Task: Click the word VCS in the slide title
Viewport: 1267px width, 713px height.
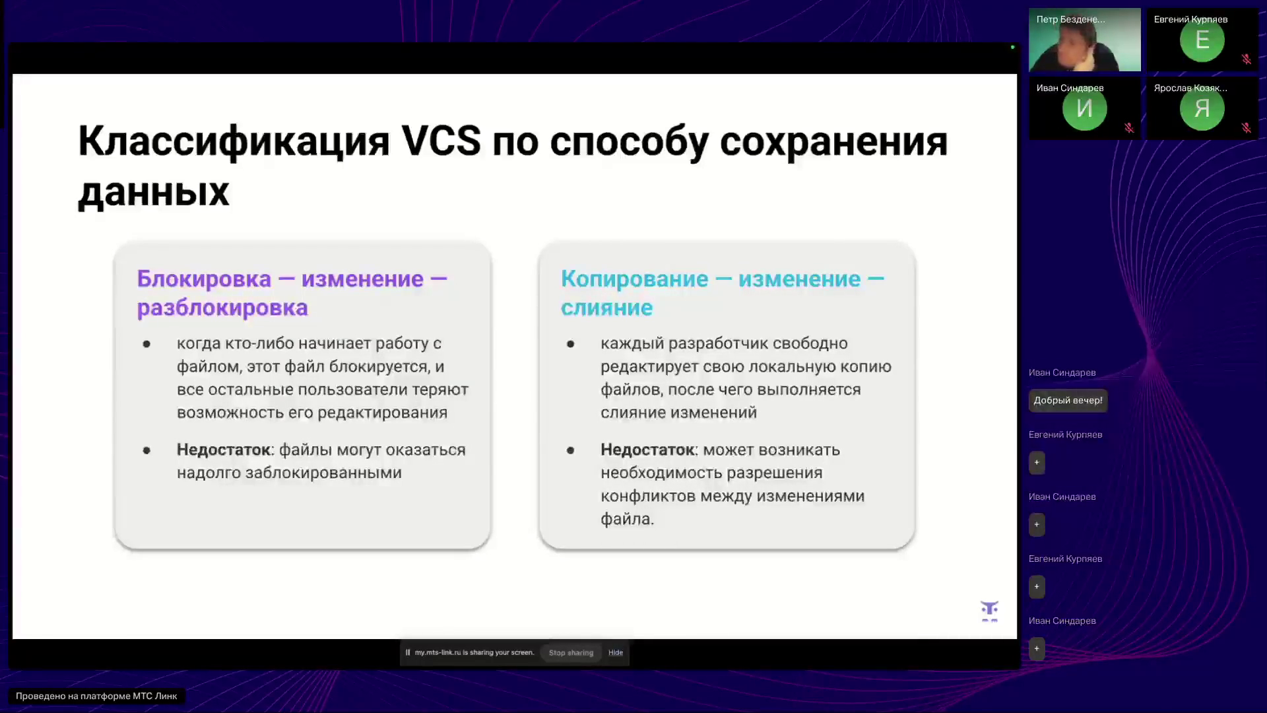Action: (441, 141)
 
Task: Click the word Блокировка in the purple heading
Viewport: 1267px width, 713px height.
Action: (204, 279)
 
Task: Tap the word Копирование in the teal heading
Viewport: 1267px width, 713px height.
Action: (633, 279)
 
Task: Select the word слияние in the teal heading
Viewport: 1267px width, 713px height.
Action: (606, 308)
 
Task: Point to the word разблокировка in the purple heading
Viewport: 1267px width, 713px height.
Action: (222, 308)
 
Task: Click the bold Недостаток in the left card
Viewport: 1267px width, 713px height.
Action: (223, 450)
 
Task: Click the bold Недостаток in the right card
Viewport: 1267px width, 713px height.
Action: (647, 450)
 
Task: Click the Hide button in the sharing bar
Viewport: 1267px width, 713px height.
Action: (615, 652)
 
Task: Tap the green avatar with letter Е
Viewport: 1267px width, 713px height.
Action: (1202, 41)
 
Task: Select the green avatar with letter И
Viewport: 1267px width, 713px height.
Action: (1084, 109)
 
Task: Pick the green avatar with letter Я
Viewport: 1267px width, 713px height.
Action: (1202, 109)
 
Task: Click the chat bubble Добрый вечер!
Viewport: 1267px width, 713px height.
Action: (1068, 400)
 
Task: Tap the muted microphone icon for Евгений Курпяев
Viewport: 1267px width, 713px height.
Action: (1246, 59)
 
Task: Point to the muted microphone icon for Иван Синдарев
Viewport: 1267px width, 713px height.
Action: (1128, 128)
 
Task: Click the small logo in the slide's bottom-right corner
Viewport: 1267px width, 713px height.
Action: (989, 611)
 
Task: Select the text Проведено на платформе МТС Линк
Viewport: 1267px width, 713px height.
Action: (96, 696)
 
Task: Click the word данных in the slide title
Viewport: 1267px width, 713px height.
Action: (154, 192)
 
